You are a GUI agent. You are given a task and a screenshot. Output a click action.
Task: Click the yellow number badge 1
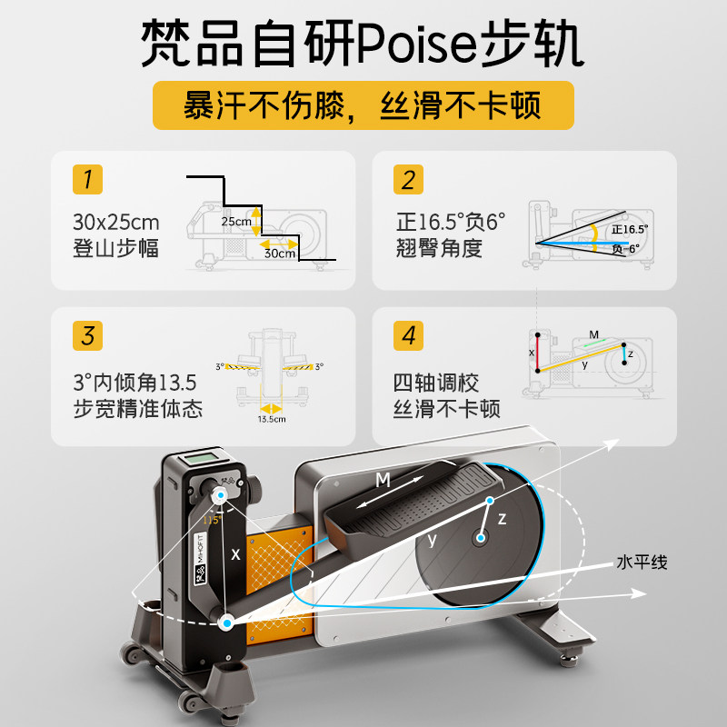coord(87,179)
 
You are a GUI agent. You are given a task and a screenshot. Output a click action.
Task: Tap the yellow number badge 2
coord(408,179)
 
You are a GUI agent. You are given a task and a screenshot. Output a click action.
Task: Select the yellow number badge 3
coord(87,335)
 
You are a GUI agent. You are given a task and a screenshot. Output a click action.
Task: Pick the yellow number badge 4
coord(408,335)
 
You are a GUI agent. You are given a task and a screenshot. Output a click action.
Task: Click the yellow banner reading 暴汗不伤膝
coord(363,105)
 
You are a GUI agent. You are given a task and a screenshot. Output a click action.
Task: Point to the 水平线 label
coord(642,563)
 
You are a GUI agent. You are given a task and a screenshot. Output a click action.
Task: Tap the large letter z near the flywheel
coord(502,519)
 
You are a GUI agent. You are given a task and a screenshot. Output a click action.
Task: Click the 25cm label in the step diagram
coord(235,222)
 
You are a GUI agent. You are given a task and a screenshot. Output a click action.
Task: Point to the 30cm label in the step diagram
coord(281,254)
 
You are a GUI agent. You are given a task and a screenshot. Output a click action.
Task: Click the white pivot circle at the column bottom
coord(227,622)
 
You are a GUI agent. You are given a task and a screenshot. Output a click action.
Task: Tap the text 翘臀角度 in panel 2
coord(439,247)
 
